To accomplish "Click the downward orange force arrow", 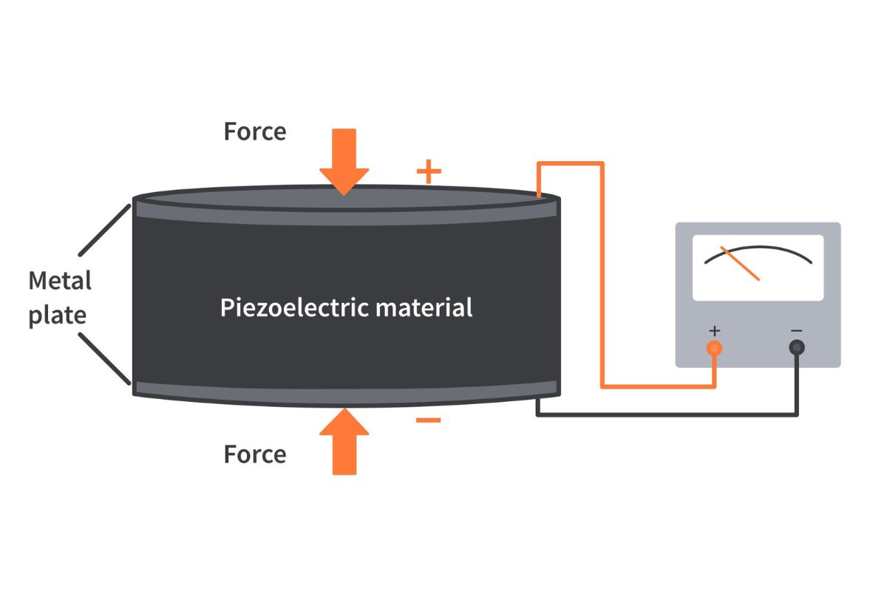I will click(x=344, y=159).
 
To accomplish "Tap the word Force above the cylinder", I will click(x=255, y=131).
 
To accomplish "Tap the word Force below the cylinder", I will click(x=255, y=454).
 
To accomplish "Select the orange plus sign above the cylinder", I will click(x=429, y=172).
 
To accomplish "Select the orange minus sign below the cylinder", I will click(x=429, y=420).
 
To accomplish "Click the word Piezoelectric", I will click(x=295, y=307).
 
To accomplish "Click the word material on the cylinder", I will click(x=424, y=307).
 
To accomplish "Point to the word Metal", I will click(x=60, y=281).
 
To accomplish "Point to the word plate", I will click(x=58, y=315).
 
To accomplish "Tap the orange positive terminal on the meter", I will click(x=714, y=347).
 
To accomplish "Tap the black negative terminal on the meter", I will click(x=796, y=347).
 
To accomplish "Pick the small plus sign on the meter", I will click(x=714, y=329).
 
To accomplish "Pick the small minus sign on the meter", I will click(x=796, y=329).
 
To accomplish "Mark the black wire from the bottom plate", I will click(x=665, y=414).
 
